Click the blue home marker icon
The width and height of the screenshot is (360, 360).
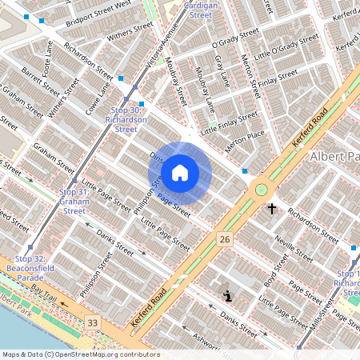coord(180,173)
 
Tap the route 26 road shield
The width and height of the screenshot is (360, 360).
coord(225,238)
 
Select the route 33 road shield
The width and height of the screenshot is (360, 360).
coord(94,322)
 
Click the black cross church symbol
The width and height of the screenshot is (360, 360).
coord(272,209)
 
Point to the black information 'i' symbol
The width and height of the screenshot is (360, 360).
coord(229,296)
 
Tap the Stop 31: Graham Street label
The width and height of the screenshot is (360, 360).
coord(74,202)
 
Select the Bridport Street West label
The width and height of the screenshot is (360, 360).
coord(99,11)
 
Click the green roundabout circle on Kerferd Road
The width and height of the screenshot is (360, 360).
coord(260,190)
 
